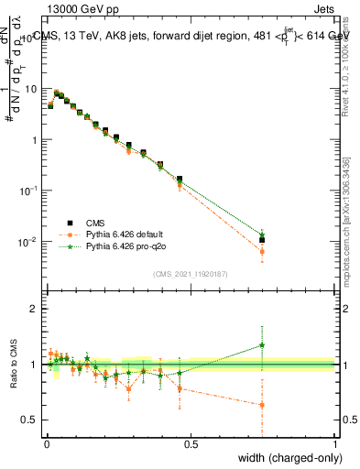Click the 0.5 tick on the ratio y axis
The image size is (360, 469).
tap(32, 420)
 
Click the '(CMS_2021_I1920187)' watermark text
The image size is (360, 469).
tap(190, 274)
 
